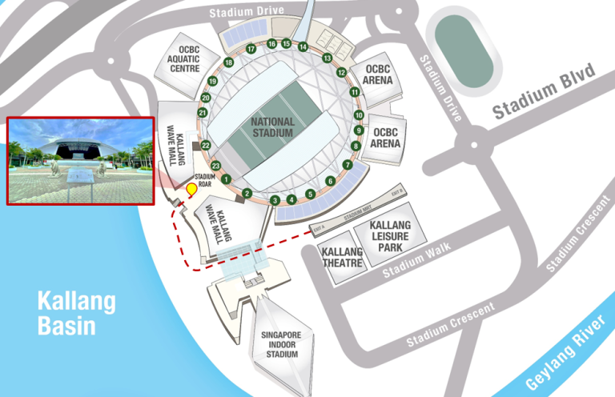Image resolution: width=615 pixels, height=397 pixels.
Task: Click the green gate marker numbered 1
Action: pyautogui.click(x=227, y=179)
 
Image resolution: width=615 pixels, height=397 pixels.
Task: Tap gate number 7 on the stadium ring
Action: pyautogui.click(x=347, y=165)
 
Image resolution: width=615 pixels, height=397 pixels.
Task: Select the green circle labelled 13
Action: pyautogui.click(x=327, y=58)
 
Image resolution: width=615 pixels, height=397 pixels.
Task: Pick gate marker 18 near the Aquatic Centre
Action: pyautogui.click(x=229, y=62)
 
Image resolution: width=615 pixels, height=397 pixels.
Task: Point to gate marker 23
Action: pyautogui.click(x=215, y=166)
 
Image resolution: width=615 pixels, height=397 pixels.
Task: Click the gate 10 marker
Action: pyautogui.click(x=357, y=111)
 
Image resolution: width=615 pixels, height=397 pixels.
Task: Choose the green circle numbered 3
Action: pyautogui.click(x=275, y=200)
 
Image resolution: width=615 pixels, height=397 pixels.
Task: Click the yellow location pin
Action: pyautogui.click(x=191, y=190)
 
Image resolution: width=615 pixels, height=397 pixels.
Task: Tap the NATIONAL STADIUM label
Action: pyautogui.click(x=272, y=126)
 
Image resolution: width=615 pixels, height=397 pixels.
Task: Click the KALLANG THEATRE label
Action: pyautogui.click(x=342, y=256)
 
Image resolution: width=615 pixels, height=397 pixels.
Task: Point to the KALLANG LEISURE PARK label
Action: pyautogui.click(x=390, y=237)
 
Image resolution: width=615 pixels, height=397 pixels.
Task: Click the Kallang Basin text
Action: pyautogui.click(x=76, y=313)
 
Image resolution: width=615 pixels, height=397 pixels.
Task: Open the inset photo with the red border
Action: pyautogui.click(x=80, y=160)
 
